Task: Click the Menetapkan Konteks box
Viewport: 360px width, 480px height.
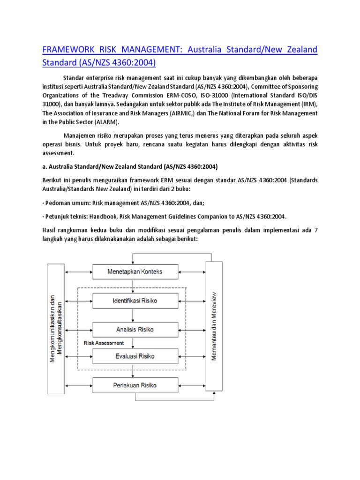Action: (x=135, y=271)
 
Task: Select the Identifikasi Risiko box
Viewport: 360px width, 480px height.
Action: (x=135, y=300)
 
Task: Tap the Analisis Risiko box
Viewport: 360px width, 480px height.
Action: (x=135, y=329)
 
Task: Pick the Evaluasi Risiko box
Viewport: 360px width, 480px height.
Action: (x=135, y=356)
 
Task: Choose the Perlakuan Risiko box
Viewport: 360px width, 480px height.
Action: (x=135, y=385)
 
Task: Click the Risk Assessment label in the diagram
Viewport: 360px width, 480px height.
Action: (x=104, y=343)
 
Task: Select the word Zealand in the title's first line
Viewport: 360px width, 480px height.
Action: (x=299, y=49)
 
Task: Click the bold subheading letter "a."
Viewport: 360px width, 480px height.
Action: (x=45, y=166)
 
